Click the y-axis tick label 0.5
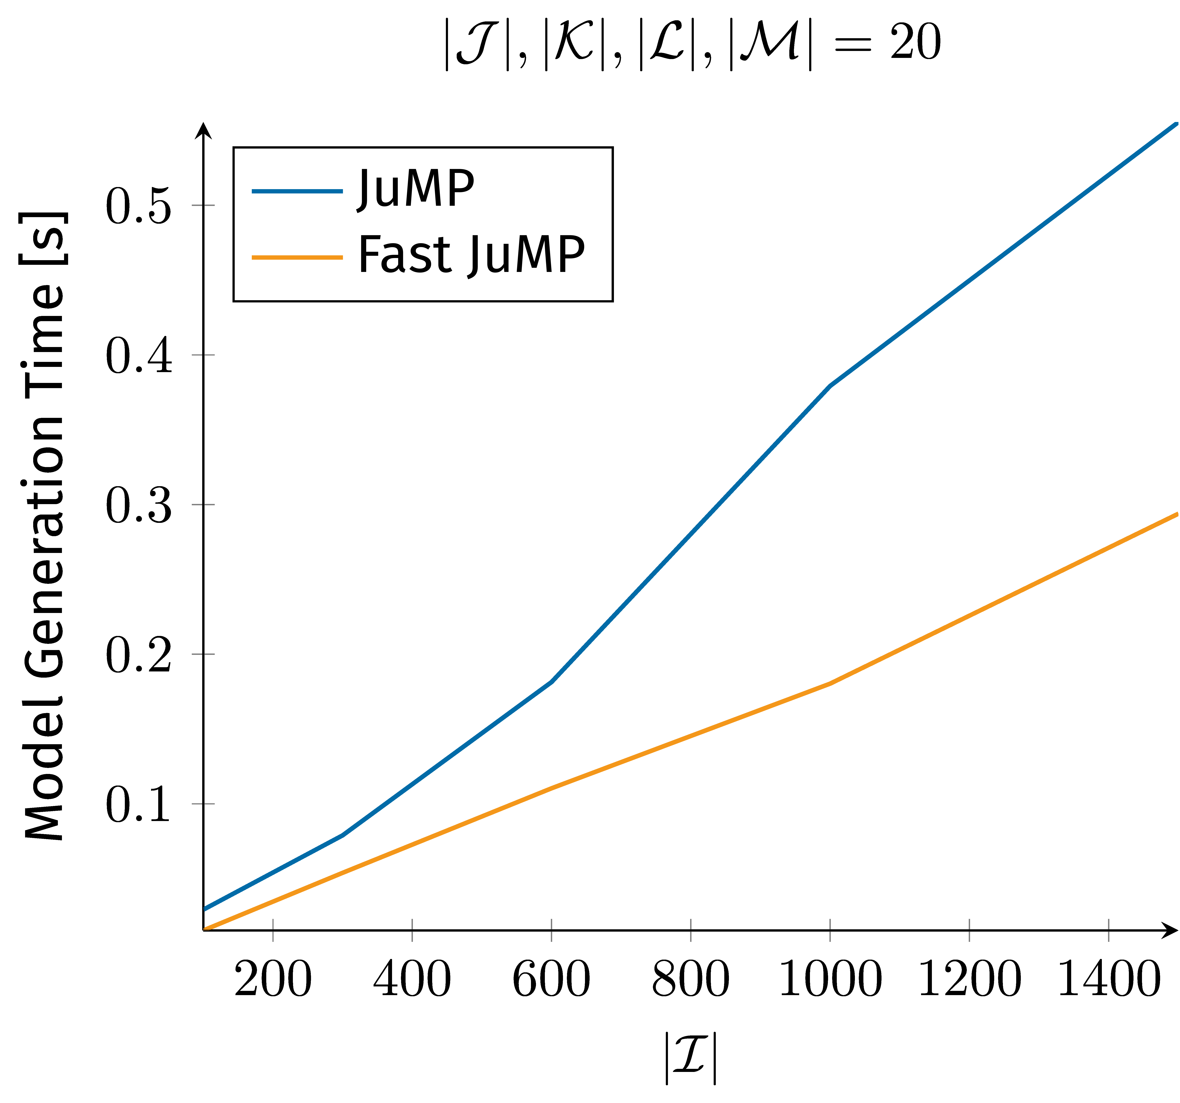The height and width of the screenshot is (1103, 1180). [138, 208]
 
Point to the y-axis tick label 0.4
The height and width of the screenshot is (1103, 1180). [138, 357]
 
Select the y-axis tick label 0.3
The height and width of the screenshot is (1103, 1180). [138, 507]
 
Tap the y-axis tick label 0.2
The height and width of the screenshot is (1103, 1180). [138, 657]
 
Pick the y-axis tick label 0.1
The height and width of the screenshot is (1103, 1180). [138, 806]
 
